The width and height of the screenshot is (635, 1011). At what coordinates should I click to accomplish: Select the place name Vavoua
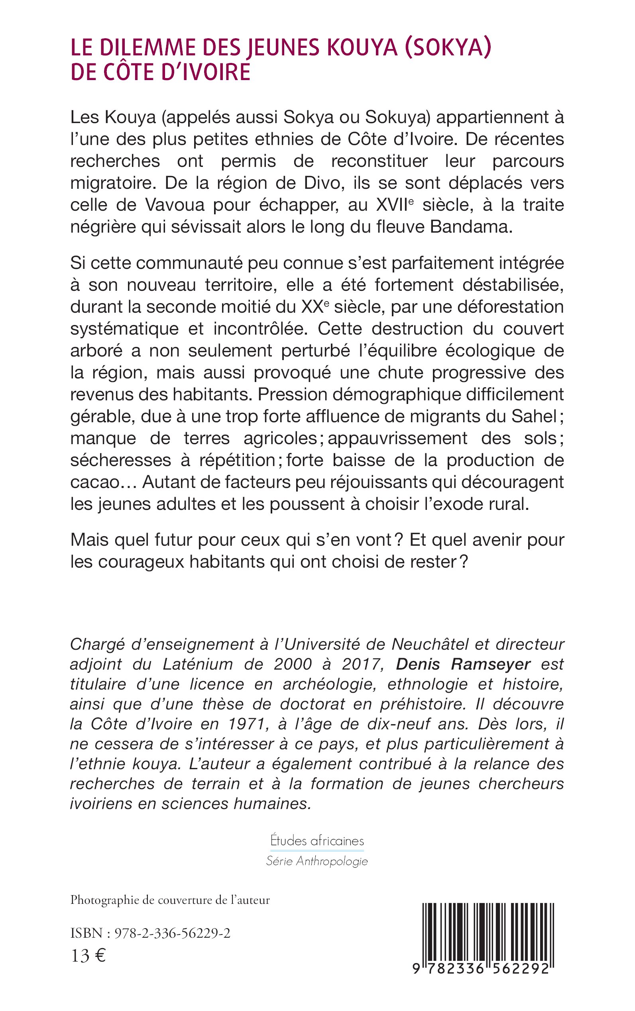[175, 205]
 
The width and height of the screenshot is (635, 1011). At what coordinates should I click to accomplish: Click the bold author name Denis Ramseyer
[463, 664]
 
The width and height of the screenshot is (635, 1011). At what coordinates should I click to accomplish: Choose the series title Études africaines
[317, 841]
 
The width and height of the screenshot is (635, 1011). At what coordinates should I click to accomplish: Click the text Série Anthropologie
[317, 861]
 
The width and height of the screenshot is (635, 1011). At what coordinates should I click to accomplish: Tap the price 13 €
[88, 956]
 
